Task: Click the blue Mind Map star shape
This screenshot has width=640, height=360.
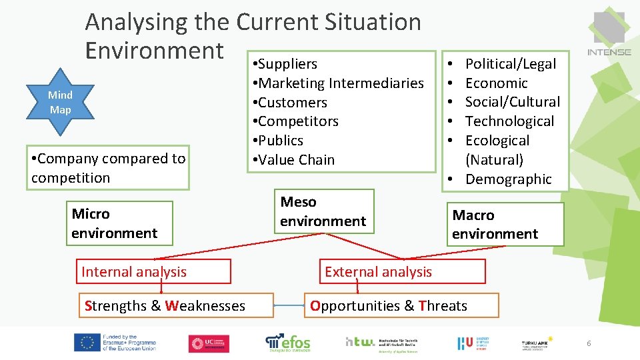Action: coord(60,102)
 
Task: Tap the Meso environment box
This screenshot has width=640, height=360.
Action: coord(323,211)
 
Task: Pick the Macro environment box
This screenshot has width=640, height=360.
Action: coord(505,224)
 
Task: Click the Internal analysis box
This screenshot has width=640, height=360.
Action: coord(153,271)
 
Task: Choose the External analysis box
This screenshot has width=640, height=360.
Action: coord(402,271)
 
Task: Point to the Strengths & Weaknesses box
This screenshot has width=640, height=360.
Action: coord(176,305)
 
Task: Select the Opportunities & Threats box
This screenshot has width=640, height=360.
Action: coord(402,305)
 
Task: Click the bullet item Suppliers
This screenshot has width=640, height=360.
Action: coord(287,64)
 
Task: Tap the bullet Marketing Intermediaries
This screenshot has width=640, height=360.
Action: coord(340,83)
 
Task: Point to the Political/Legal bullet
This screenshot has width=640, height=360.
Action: coord(510,64)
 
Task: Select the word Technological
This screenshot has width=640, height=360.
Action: coord(509,121)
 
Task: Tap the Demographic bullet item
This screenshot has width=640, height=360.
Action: coord(508,179)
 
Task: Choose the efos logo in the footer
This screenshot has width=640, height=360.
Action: coord(288,343)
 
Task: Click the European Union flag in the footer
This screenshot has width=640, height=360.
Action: coord(87,343)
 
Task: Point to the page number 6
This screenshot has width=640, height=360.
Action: coord(589,343)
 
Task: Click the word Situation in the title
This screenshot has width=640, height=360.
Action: coord(373,22)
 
